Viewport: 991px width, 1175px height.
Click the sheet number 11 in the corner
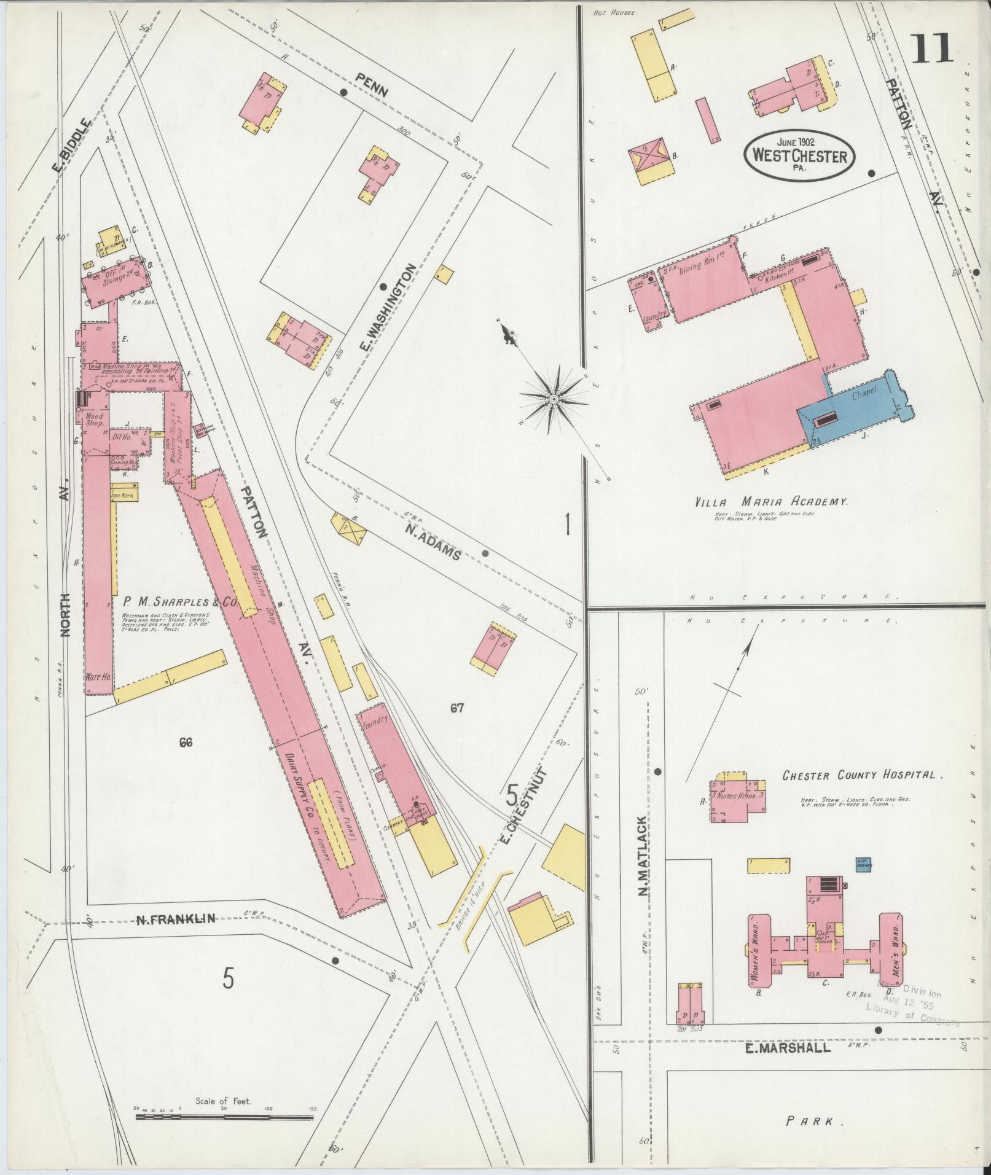pos(932,49)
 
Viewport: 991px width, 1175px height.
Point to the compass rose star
pos(554,400)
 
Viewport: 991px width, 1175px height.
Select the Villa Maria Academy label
pos(771,502)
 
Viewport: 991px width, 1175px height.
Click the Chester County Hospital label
pos(862,776)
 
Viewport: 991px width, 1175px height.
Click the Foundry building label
pos(374,723)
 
